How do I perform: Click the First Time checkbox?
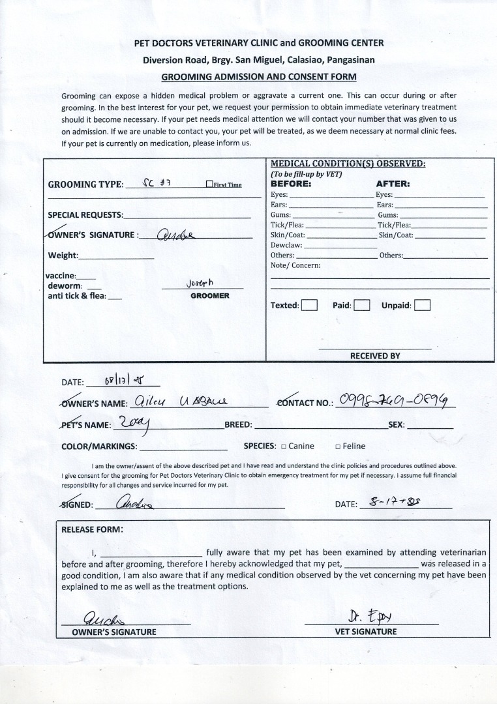click(x=209, y=184)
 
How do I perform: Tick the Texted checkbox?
click(x=309, y=305)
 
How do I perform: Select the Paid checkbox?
click(x=362, y=305)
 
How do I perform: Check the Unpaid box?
click(x=422, y=305)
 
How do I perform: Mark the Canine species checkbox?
click(x=284, y=447)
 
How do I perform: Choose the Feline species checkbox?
click(x=338, y=447)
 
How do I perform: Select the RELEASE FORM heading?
click(x=91, y=529)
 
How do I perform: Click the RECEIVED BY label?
click(x=375, y=356)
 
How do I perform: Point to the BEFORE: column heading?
click(x=291, y=184)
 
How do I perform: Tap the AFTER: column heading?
click(x=393, y=184)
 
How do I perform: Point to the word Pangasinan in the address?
click(x=348, y=59)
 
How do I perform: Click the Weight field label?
click(x=63, y=256)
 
